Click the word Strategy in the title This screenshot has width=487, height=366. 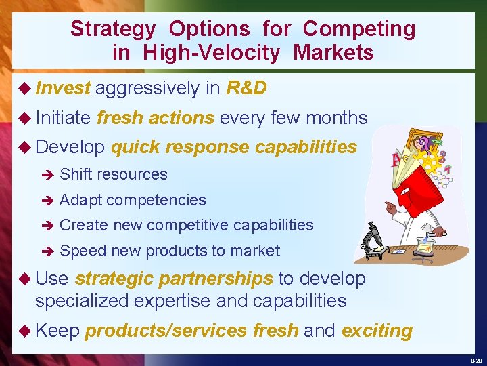(x=114, y=29)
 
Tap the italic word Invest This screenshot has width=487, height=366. (x=63, y=88)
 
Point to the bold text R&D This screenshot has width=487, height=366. (x=246, y=88)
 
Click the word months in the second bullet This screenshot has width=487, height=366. (x=336, y=118)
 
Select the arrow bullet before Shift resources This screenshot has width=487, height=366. (x=46, y=175)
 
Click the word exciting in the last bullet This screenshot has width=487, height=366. (x=377, y=331)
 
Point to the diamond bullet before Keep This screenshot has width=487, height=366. (x=26, y=331)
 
